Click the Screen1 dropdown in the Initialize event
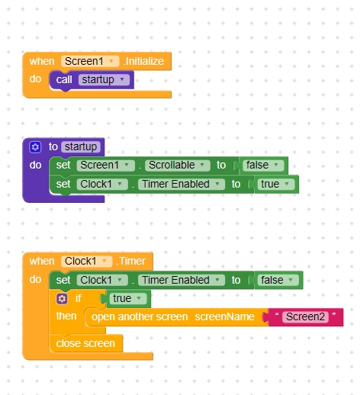pyautogui.click(x=90, y=61)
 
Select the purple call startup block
pyautogui.click(x=92, y=80)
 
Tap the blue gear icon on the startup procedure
pyautogui.click(x=35, y=147)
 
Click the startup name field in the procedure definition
pyautogui.click(x=81, y=147)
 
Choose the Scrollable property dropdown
pyautogui.click(x=178, y=165)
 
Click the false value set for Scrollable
pyautogui.click(x=262, y=165)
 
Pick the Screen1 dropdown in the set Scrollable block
pyautogui.click(x=105, y=165)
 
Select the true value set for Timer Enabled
pyautogui.click(x=276, y=184)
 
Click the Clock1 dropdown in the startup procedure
pyautogui.click(x=102, y=184)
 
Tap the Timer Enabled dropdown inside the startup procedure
pyautogui.click(x=182, y=184)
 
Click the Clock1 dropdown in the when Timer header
pyautogui.click(x=86, y=262)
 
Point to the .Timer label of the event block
pyautogui.click(x=130, y=262)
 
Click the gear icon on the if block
pyautogui.click(x=62, y=299)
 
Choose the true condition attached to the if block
pyautogui.click(x=128, y=299)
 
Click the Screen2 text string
pyautogui.click(x=305, y=317)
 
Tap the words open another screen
pyautogui.click(x=140, y=317)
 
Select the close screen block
pyautogui.click(x=86, y=344)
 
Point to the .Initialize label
pyautogui.click(x=143, y=61)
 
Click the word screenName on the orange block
pyautogui.click(x=224, y=317)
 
